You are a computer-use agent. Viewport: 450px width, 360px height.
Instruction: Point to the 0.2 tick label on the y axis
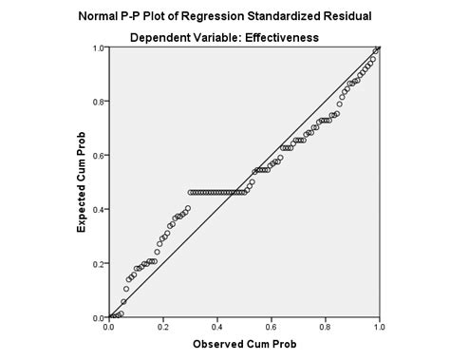coord(99,263)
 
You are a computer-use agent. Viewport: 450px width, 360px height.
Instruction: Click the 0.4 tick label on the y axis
coord(99,209)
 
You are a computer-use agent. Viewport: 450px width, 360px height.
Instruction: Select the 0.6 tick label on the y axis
coord(99,155)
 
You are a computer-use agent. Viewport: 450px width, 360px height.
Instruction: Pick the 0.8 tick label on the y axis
coord(99,101)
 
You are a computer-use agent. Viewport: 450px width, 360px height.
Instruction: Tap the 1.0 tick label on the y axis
coord(99,47)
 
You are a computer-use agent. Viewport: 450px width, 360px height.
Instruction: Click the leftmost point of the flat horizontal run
coord(191,193)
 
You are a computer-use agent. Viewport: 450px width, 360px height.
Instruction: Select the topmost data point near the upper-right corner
coord(377,49)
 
